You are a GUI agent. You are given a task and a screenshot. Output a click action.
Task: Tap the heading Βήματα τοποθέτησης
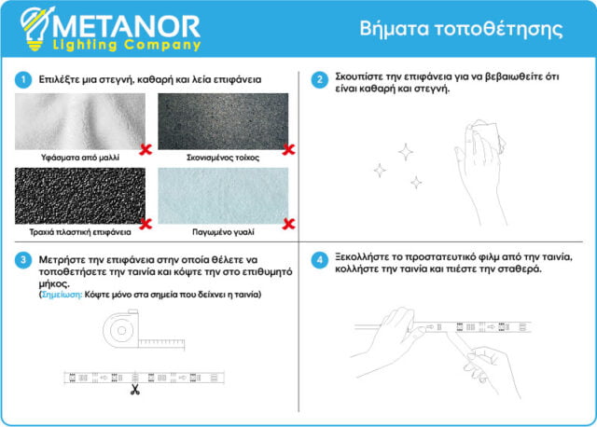[x=462, y=29]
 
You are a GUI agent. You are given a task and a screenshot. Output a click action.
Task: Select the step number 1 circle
[x=22, y=81]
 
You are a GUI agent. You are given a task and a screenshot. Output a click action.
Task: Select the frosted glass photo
[x=220, y=193]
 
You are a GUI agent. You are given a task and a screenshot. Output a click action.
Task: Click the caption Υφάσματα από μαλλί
[x=74, y=158]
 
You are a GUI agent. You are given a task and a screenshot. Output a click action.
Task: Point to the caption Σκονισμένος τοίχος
[x=221, y=158]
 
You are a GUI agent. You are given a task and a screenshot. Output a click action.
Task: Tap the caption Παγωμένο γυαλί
[x=221, y=229]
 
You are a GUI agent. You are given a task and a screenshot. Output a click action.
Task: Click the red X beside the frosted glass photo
[x=289, y=224]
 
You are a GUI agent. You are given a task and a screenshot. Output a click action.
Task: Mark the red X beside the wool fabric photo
[x=146, y=149]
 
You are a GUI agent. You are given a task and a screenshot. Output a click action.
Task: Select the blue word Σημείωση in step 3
[x=61, y=295]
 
